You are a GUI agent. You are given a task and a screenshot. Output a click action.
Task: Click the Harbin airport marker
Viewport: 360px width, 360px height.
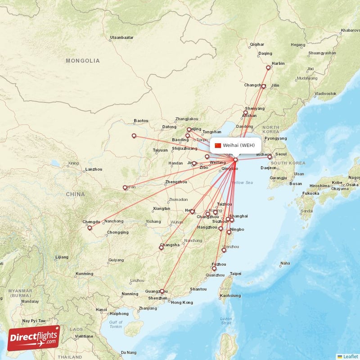pos(268,68)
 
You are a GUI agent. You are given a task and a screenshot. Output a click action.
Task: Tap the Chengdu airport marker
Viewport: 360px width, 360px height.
pos(90,228)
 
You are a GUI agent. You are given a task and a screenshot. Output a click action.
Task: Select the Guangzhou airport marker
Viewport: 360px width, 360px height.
pos(162,292)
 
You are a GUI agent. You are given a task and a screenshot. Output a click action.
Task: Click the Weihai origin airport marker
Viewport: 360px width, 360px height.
pos(235,159)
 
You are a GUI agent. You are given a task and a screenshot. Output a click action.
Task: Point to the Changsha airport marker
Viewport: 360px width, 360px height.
pos(162,247)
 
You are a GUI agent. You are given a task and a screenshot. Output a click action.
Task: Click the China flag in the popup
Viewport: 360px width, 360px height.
pos(218,145)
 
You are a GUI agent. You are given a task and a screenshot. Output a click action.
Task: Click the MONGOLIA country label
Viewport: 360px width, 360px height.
pos(83,60)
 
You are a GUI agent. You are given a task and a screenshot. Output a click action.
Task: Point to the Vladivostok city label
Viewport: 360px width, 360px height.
pos(325,94)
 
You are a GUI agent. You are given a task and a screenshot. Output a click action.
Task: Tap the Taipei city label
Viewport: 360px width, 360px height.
pos(235,274)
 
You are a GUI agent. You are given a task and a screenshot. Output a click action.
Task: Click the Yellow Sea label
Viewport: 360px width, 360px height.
pos(242,182)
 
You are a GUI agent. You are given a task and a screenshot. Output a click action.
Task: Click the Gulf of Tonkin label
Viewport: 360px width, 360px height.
pos(116,324)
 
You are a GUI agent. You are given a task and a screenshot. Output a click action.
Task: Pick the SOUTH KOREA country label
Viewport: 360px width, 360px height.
pos(288,163)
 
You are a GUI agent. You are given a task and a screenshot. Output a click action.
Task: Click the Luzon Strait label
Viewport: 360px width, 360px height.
pos(226,321)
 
